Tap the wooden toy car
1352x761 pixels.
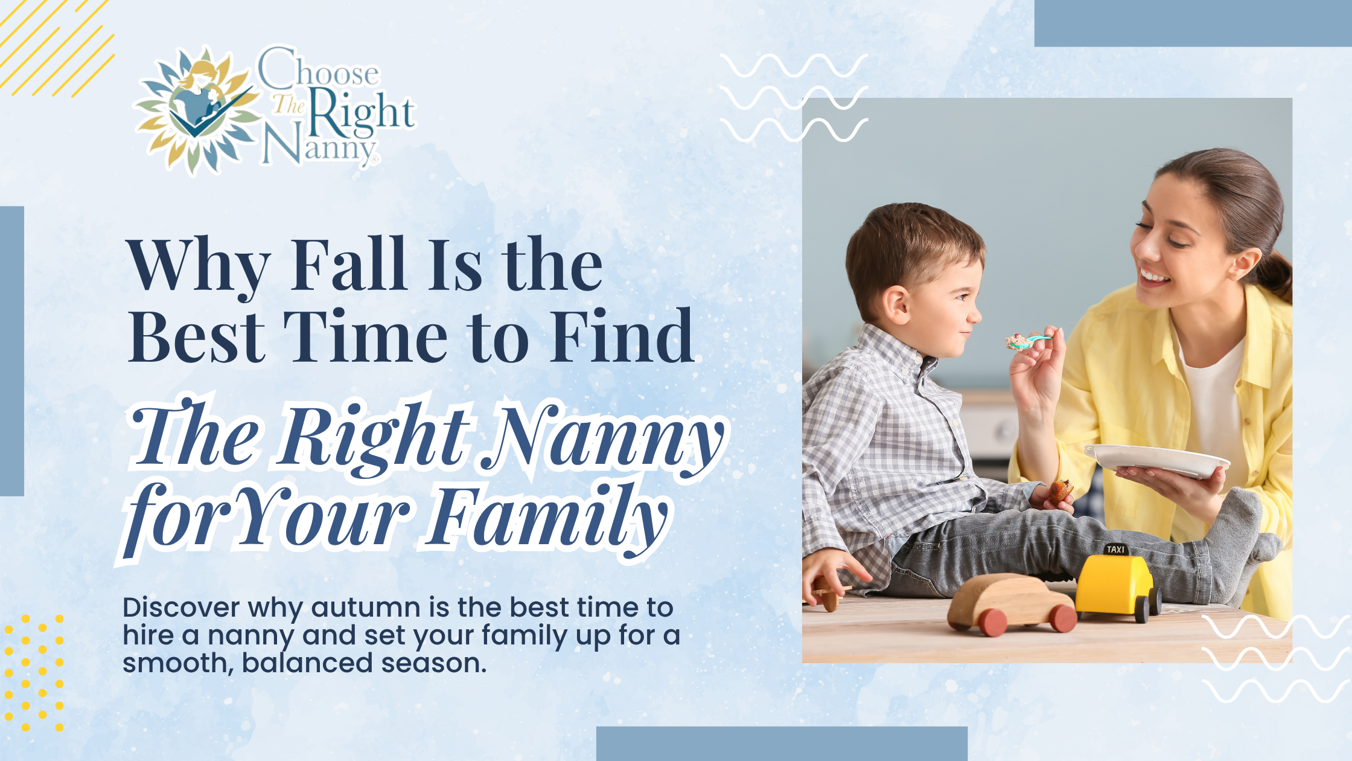coord(1012,605)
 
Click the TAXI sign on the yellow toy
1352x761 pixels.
coord(1116,549)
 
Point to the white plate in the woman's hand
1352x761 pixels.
coord(1156,460)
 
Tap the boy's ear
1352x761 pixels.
coord(897,304)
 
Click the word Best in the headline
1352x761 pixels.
coord(197,335)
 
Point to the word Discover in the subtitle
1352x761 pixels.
coord(181,608)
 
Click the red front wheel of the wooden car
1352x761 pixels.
coord(992,623)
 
